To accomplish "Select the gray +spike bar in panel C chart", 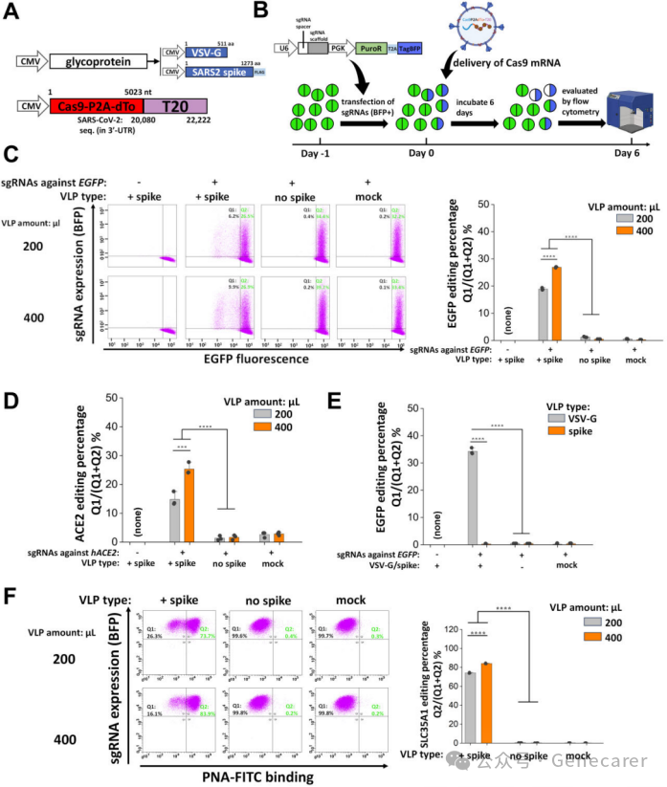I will (543, 314).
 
